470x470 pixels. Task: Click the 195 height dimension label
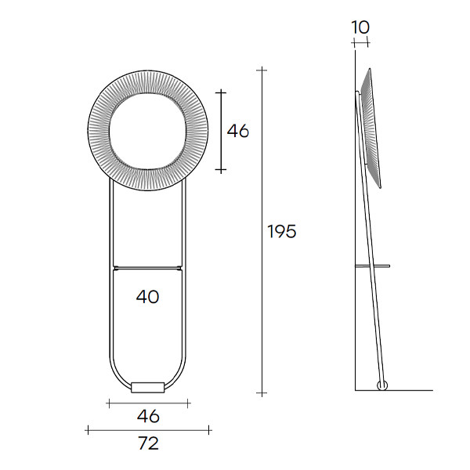click(x=281, y=231)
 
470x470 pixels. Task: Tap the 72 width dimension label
click(x=148, y=443)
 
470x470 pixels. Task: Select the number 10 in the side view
click(x=360, y=27)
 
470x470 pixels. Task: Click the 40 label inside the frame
click(x=148, y=297)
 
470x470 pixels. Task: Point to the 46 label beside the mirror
click(x=237, y=131)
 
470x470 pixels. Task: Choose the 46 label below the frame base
click(x=148, y=416)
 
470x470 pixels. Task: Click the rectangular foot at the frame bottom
click(x=148, y=387)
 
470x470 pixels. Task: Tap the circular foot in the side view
click(x=382, y=385)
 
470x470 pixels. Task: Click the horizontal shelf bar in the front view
click(x=147, y=267)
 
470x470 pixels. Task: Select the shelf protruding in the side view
click(x=372, y=266)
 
